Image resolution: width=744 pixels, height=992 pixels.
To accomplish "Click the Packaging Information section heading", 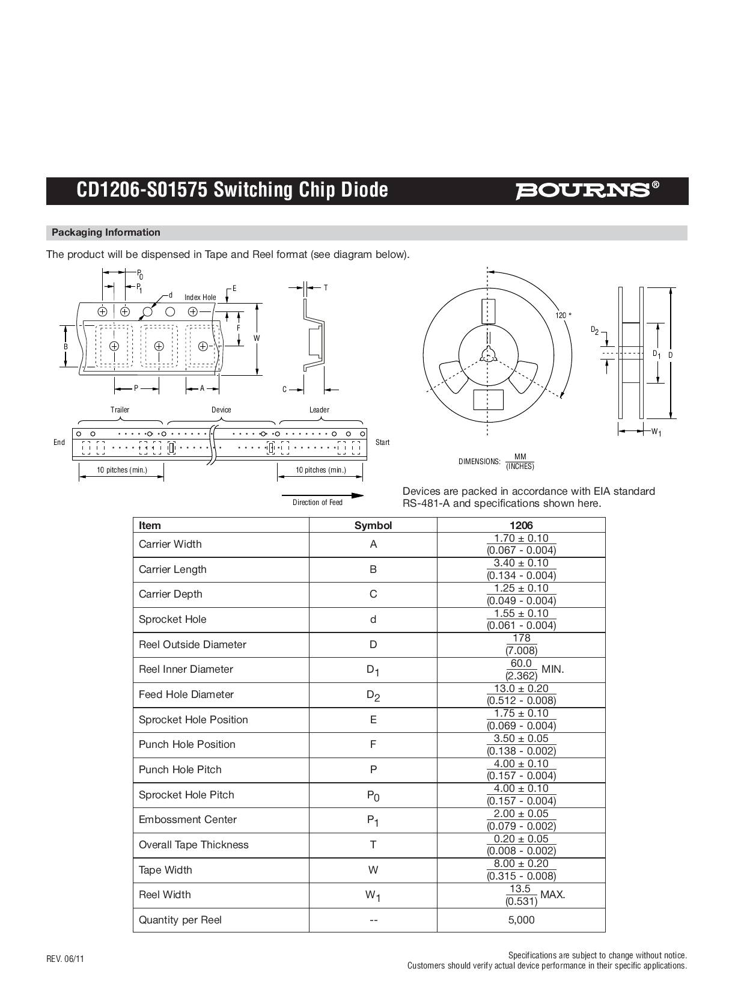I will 106,233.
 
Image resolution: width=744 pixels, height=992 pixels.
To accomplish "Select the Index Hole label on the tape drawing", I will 200,298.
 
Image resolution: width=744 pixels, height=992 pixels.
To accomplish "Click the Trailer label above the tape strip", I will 120,410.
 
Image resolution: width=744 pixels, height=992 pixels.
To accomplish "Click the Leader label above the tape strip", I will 319,410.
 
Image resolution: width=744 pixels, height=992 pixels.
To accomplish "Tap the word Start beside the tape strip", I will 382,442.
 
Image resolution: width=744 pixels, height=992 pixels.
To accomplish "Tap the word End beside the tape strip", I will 59,442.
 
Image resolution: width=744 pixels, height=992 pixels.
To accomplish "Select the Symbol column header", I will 373,525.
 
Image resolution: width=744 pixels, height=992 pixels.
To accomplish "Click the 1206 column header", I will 520,525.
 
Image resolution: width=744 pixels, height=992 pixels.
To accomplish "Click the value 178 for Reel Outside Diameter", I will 522,638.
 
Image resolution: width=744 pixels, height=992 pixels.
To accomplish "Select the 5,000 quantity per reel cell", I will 521,920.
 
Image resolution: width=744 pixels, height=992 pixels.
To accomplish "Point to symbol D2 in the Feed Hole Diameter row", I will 373,696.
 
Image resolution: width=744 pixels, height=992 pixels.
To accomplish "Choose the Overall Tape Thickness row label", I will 194,845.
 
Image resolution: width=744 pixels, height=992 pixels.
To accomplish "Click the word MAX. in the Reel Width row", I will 553,895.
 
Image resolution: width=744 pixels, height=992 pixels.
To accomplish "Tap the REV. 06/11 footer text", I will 66,959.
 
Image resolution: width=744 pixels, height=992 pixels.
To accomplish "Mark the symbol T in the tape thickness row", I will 373,845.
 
